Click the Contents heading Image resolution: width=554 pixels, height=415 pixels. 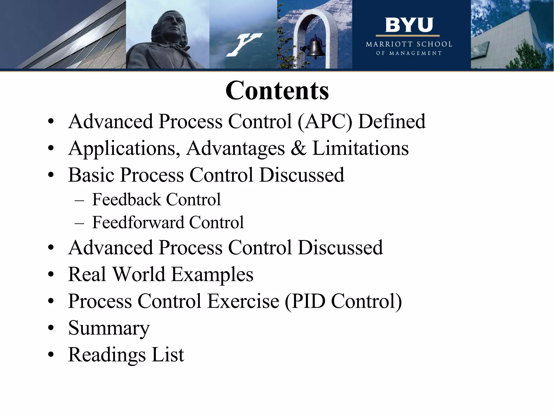pos(277,91)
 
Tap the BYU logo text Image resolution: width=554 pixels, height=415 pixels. pos(409,25)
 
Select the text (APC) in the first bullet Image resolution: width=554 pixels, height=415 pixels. pos(325,121)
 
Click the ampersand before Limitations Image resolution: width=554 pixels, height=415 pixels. pos(298,148)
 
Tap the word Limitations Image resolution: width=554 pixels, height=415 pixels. pos(360,148)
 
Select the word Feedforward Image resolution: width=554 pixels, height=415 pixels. pos(138,222)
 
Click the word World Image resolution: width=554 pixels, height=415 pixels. pos(139,274)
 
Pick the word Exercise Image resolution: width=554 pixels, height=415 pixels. pos(243,301)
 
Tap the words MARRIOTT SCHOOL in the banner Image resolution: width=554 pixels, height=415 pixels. pos(409,44)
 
